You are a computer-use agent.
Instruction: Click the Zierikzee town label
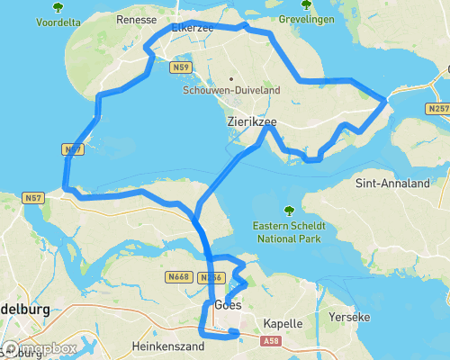(x=252, y=120)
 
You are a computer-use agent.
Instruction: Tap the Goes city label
(x=228, y=306)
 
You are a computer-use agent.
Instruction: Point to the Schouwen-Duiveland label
(x=232, y=90)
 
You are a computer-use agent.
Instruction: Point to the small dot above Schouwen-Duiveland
(x=232, y=77)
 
